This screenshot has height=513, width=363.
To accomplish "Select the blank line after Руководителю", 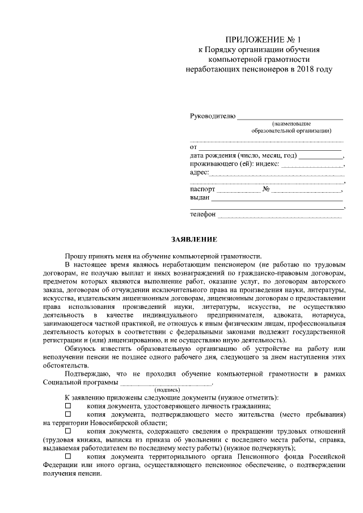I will point(290,118).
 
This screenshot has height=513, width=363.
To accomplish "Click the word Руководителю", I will point(212,116).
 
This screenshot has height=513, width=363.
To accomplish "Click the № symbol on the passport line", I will point(266,189).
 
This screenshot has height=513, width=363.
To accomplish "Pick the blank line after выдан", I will point(277,199).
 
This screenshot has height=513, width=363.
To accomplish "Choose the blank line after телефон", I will point(280,215).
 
